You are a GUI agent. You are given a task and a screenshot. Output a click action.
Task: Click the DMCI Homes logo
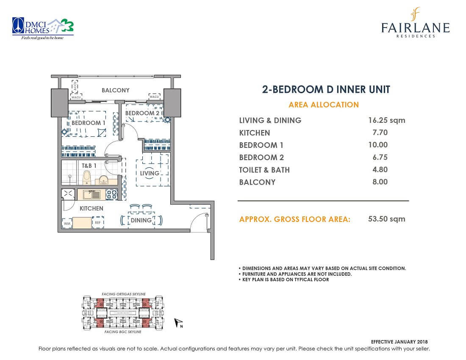pos(42,29)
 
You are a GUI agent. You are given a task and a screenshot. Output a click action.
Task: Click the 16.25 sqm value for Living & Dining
pos(386,120)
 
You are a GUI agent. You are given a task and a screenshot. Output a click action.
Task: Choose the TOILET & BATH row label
pos(264,170)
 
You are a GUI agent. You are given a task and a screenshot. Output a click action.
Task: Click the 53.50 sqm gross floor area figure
pos(386,219)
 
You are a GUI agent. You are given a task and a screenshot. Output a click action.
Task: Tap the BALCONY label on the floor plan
pos(115,90)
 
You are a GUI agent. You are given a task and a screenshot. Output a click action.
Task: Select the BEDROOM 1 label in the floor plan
pos(89,123)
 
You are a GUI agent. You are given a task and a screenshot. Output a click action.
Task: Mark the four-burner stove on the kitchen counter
pos(111,194)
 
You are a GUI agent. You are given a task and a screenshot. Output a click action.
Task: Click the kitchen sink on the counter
pos(92,195)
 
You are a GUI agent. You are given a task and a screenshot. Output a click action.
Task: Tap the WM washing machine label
pos(67,223)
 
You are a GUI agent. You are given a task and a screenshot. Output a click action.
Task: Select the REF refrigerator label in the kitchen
pos(97,222)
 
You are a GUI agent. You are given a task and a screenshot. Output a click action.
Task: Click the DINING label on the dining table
pos(141,220)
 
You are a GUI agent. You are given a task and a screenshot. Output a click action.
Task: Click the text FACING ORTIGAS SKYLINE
pos(124,294)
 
